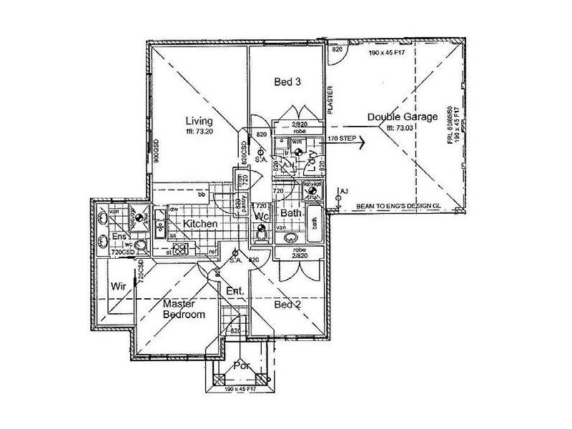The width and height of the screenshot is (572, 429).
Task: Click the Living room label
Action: pos(195,120)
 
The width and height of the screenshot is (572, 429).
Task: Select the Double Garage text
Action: pos(402,117)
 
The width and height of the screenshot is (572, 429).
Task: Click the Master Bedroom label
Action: pos(184,309)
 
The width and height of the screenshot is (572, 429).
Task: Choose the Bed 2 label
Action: pos(288,304)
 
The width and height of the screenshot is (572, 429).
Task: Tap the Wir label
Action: pos(118,287)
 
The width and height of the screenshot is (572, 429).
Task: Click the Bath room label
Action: pos(291,213)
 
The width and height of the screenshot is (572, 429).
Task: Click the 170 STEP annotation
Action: pos(342,137)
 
